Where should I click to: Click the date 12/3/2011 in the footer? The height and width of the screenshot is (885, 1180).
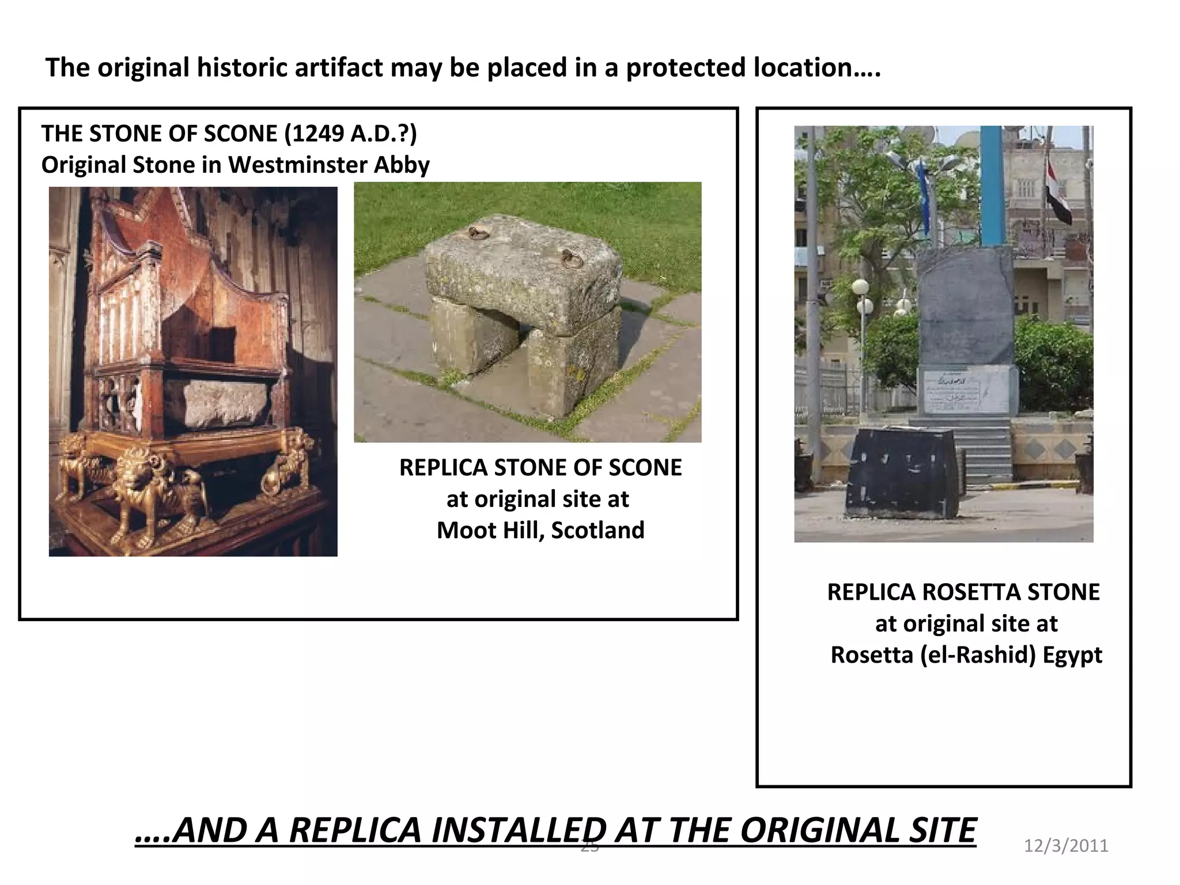pos(1066,846)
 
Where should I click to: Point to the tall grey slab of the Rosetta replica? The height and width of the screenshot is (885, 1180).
pos(965,305)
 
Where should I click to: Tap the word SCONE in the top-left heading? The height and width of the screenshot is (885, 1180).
pos(239,134)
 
